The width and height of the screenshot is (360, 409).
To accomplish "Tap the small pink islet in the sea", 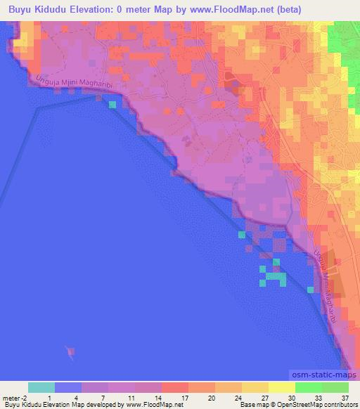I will pyautogui.click(x=70, y=351).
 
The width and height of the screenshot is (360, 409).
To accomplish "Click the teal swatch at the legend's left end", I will pyautogui.click(x=41, y=387).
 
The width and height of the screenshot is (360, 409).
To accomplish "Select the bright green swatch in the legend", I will pyautogui.click(x=309, y=387).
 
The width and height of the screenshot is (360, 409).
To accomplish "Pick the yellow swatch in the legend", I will pyautogui.click(x=255, y=387).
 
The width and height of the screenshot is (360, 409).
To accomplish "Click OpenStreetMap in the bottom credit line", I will pyautogui.click(x=293, y=405).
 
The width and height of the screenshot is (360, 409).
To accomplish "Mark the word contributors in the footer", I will pyautogui.click(x=340, y=405).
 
